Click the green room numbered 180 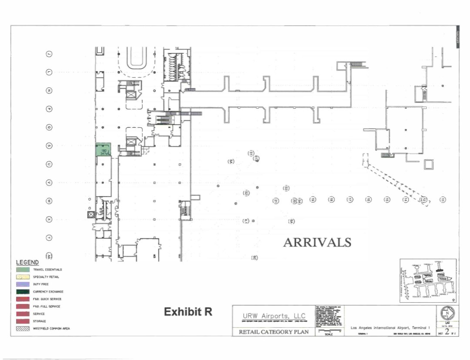coord(104,150)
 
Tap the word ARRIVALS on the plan coord(317,242)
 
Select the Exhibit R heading coord(188,312)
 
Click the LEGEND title coord(27,262)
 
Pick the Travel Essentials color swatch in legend coord(23,270)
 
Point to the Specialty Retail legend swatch coord(23,277)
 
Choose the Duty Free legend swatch coord(23,284)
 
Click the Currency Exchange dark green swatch coord(23,292)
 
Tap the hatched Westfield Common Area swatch coord(23,329)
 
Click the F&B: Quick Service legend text coord(47,299)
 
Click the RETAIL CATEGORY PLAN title coord(274,332)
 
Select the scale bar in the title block coord(329,332)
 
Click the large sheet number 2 coord(446,332)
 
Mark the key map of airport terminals coord(428,281)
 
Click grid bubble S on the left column coord(50,146)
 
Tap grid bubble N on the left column coord(50,90)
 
